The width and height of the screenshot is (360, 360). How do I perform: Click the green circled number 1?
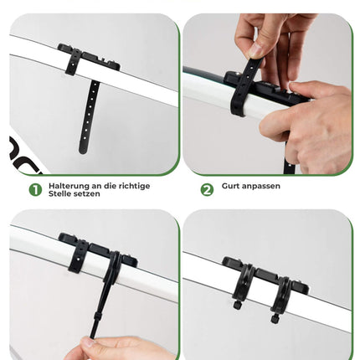pyautogui.click(x=35, y=190)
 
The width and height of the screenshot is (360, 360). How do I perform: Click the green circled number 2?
pyautogui.click(x=207, y=190)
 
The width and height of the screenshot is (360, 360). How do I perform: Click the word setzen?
pyautogui.click(x=85, y=194)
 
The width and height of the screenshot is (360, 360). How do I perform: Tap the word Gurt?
pyautogui.click(x=229, y=186)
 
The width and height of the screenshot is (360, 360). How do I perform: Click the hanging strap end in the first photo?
pyautogui.click(x=89, y=117)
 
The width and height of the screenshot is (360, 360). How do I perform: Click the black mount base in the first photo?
pyautogui.click(x=90, y=58)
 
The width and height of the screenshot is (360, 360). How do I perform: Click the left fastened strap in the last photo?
pyautogui.click(x=242, y=282)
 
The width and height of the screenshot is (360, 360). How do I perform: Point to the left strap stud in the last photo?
pyautogui.click(x=237, y=305)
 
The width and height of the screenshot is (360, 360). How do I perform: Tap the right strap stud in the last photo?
pyautogui.click(x=275, y=318)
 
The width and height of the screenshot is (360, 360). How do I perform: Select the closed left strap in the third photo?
pyautogui.click(x=78, y=256)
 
